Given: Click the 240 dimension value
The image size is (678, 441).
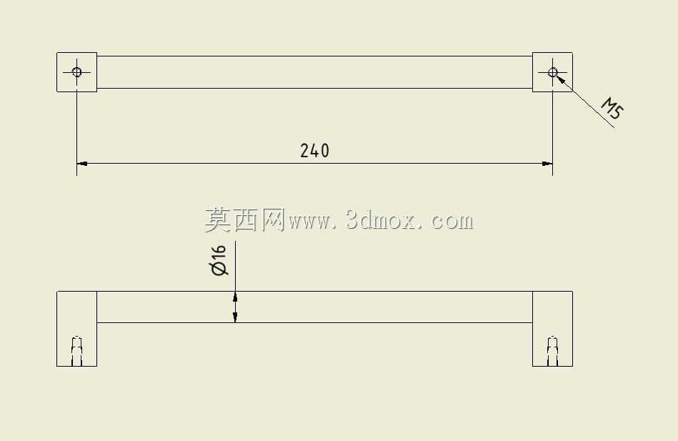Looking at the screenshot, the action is (314, 151).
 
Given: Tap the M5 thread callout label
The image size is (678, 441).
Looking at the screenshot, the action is (612, 108).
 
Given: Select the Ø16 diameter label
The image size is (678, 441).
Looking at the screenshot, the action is (219, 260).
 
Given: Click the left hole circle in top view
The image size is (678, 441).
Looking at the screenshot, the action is (77, 72).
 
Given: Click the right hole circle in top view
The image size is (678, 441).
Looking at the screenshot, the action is (552, 72).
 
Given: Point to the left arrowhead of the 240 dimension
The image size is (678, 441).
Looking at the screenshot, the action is (82, 164).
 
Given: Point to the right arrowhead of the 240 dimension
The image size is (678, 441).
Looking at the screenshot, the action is (547, 164).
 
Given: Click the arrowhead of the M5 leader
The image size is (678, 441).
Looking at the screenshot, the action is (560, 79).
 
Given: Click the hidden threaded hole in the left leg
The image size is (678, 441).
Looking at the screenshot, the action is (77, 351).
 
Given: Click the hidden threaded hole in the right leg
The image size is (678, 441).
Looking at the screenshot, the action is (552, 351).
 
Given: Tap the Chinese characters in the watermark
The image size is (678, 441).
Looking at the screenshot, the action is (245, 220).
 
